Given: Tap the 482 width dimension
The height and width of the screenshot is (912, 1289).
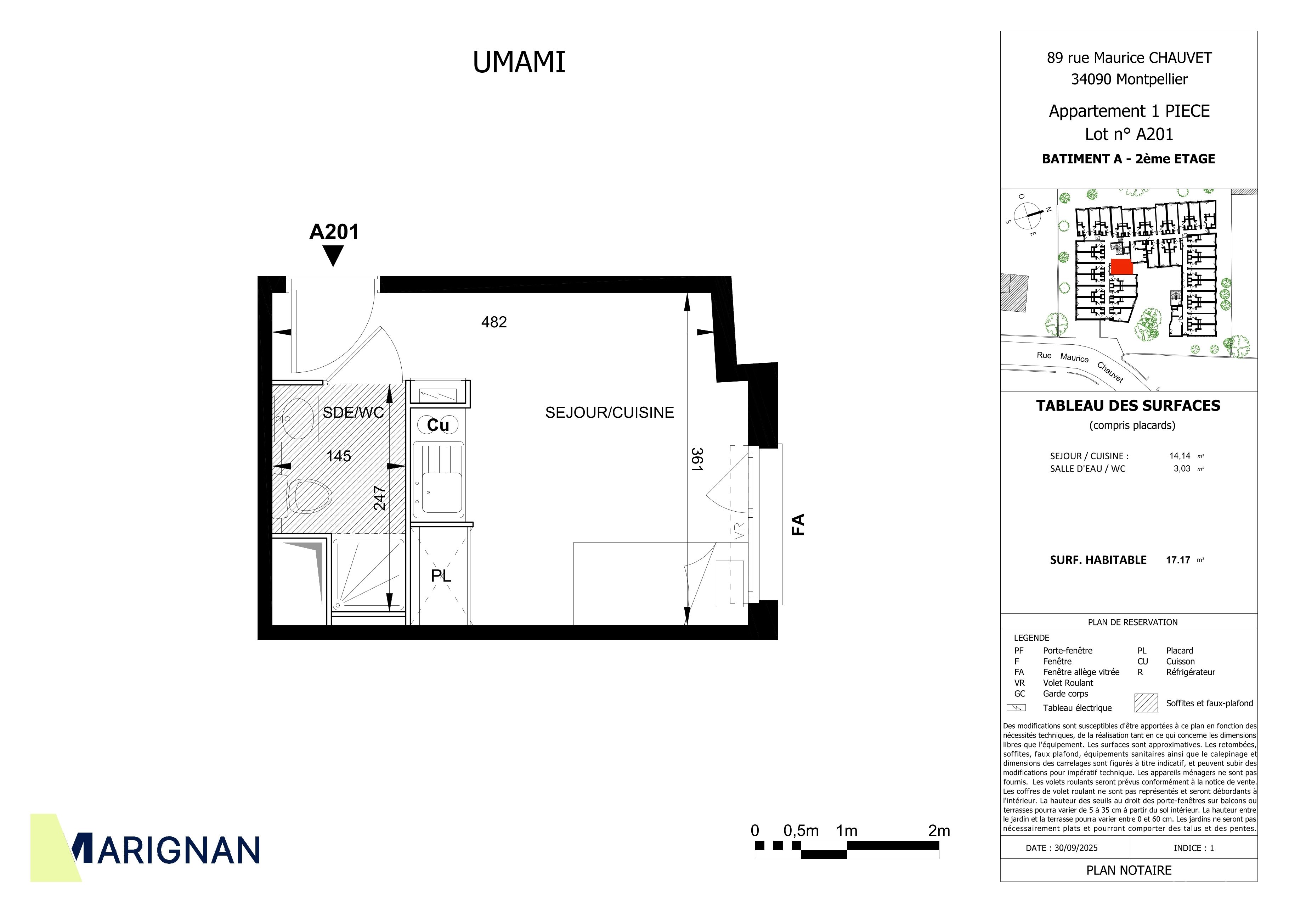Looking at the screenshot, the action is tap(494, 322).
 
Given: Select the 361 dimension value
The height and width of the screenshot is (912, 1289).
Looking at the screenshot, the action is tap(697, 459).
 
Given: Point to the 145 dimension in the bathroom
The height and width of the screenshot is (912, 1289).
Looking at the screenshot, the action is tap(339, 456).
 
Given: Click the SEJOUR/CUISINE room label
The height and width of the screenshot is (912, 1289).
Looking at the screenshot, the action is tap(610, 412).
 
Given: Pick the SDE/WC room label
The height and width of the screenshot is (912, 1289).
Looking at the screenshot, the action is tap(353, 412).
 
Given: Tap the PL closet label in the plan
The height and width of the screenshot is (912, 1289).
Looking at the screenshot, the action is tap(441, 576).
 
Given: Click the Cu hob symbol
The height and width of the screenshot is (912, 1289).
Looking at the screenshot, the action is tap(438, 425).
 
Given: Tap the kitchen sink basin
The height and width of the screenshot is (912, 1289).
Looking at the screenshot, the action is tap(442, 492).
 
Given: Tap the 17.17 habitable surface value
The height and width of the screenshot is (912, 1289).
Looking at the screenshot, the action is tap(1178, 560).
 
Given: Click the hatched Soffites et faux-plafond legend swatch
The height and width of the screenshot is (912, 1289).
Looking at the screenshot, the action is tap(1146, 703).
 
